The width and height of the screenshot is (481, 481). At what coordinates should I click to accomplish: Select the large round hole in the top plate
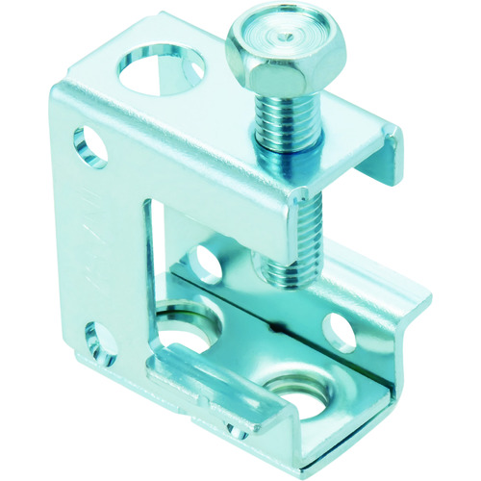pyautogui.click(x=161, y=73)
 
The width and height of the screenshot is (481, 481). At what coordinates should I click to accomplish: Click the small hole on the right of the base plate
pyautogui.click(x=336, y=328)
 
